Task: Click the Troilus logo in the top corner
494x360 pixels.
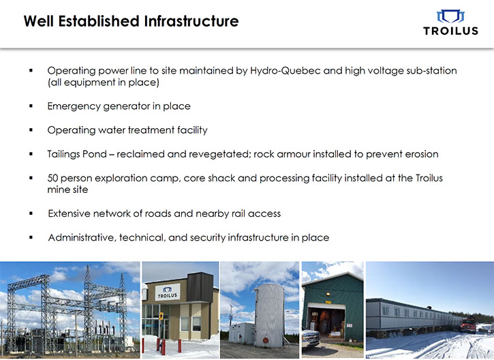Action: (450, 22)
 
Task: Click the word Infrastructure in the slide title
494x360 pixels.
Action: (191, 21)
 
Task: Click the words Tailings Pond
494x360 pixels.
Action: (77, 155)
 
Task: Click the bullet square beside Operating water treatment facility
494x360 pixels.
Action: (31, 130)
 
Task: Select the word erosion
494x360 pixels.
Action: (422, 154)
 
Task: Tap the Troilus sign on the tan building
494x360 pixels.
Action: (168, 292)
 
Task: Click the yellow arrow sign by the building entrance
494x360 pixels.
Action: (161, 316)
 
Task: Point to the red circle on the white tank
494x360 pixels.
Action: (265, 340)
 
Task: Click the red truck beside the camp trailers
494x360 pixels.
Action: (468, 325)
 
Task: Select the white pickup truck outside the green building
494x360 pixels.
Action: (311, 338)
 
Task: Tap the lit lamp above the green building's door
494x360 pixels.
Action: (328, 294)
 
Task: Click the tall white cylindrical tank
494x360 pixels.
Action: (269, 315)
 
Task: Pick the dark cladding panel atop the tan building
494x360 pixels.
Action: (200, 287)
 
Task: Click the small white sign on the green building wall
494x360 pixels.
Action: (350, 325)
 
